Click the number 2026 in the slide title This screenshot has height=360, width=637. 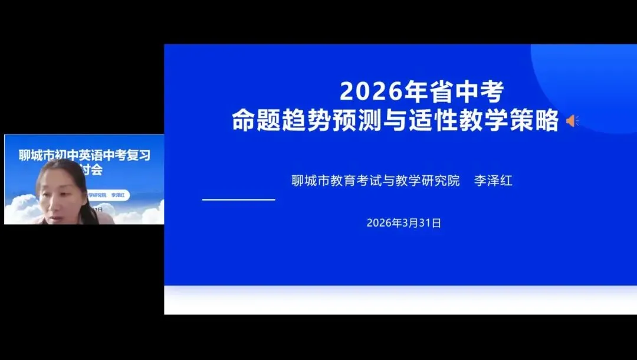(366, 91)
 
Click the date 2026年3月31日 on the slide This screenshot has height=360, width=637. (403, 223)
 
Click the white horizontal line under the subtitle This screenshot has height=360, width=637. (238, 199)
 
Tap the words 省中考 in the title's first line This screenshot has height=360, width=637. (450, 91)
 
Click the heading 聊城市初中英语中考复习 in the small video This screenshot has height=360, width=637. (84, 156)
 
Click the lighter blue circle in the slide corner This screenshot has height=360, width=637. (590, 83)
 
